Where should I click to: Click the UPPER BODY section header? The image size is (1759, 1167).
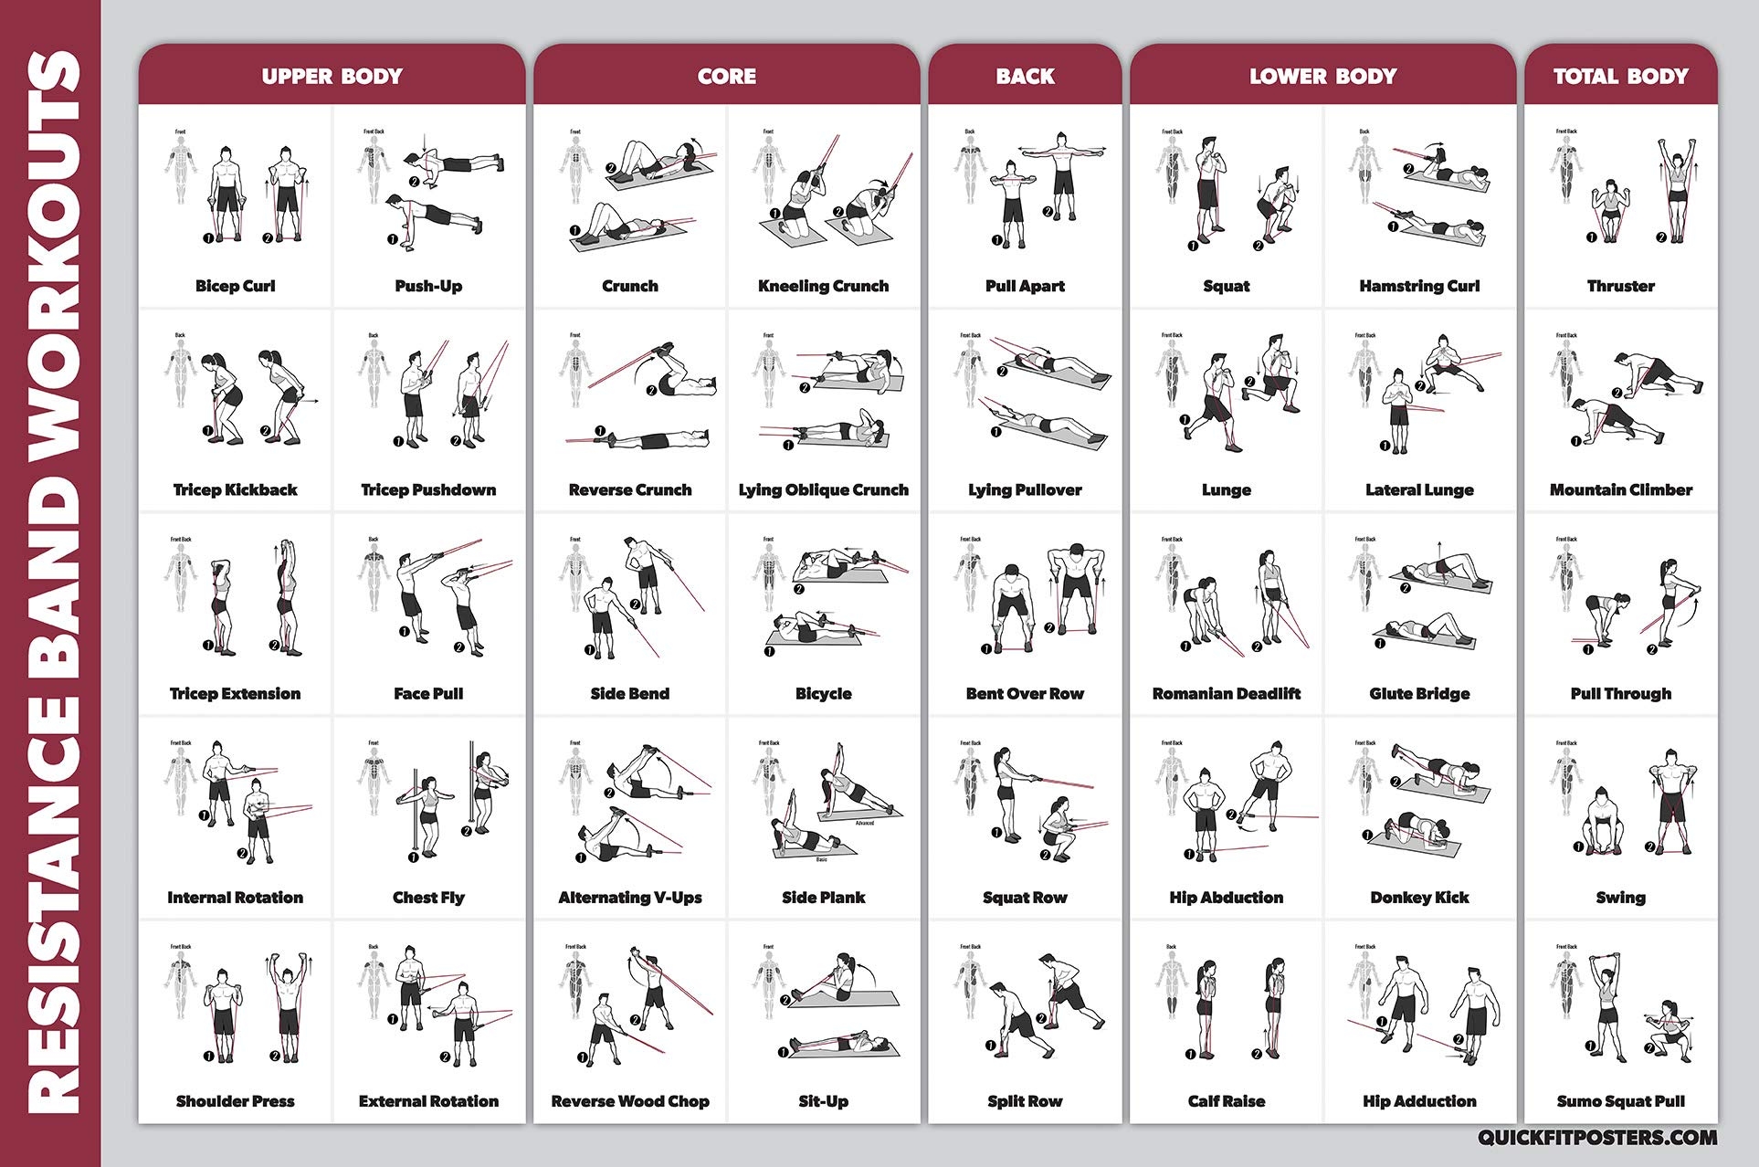click(332, 77)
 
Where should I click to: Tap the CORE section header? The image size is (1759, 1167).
click(726, 77)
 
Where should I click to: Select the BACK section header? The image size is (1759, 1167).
click(1025, 77)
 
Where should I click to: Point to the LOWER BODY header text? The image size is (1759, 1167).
click(1322, 77)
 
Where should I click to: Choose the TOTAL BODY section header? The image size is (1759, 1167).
click(1620, 77)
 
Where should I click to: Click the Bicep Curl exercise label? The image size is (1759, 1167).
click(235, 286)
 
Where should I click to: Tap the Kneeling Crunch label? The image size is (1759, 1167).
click(823, 286)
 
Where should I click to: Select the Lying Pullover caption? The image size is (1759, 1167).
click(1025, 490)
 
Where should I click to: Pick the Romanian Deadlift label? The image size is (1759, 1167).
click(1226, 694)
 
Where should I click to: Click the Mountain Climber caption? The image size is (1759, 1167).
click(1620, 490)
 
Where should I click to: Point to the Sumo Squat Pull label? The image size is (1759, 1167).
click(1620, 1101)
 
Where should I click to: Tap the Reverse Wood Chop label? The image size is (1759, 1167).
click(630, 1101)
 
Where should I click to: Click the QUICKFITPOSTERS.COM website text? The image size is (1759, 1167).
click(1597, 1138)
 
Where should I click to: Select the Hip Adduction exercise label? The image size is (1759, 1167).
click(1419, 1101)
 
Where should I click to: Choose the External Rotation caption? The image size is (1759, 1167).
click(428, 1101)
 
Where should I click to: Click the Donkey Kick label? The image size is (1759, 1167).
click(1419, 898)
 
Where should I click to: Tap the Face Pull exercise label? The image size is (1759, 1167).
click(428, 694)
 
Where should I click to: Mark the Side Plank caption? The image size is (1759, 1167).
click(823, 898)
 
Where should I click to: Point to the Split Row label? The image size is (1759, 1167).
click(1025, 1101)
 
